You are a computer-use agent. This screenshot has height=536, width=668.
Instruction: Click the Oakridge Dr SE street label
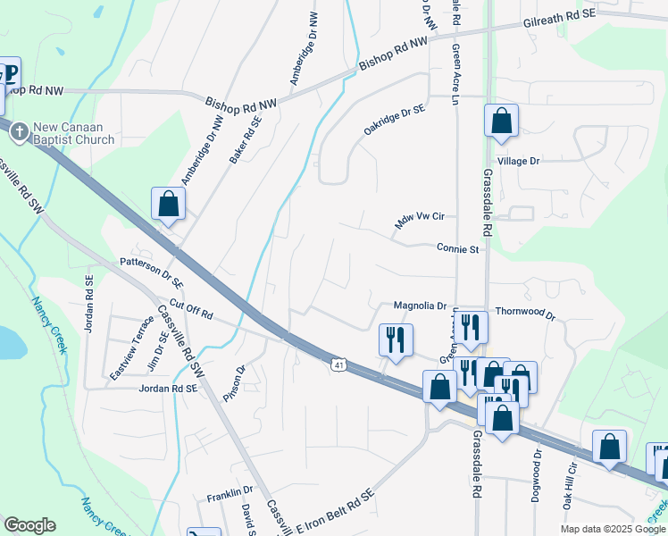394,121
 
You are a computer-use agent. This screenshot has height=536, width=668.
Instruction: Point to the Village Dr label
519,161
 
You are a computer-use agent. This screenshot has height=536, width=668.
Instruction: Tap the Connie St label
459,249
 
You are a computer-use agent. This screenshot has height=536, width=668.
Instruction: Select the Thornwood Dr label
525,315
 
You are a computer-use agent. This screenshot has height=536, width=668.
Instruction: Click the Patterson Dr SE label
151,272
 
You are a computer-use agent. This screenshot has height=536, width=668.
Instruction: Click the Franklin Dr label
230,491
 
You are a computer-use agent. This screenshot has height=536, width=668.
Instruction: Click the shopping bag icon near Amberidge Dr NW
168,204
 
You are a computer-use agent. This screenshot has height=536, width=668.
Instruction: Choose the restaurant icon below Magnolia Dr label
394,339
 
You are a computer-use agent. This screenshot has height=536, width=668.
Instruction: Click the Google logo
29,525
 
